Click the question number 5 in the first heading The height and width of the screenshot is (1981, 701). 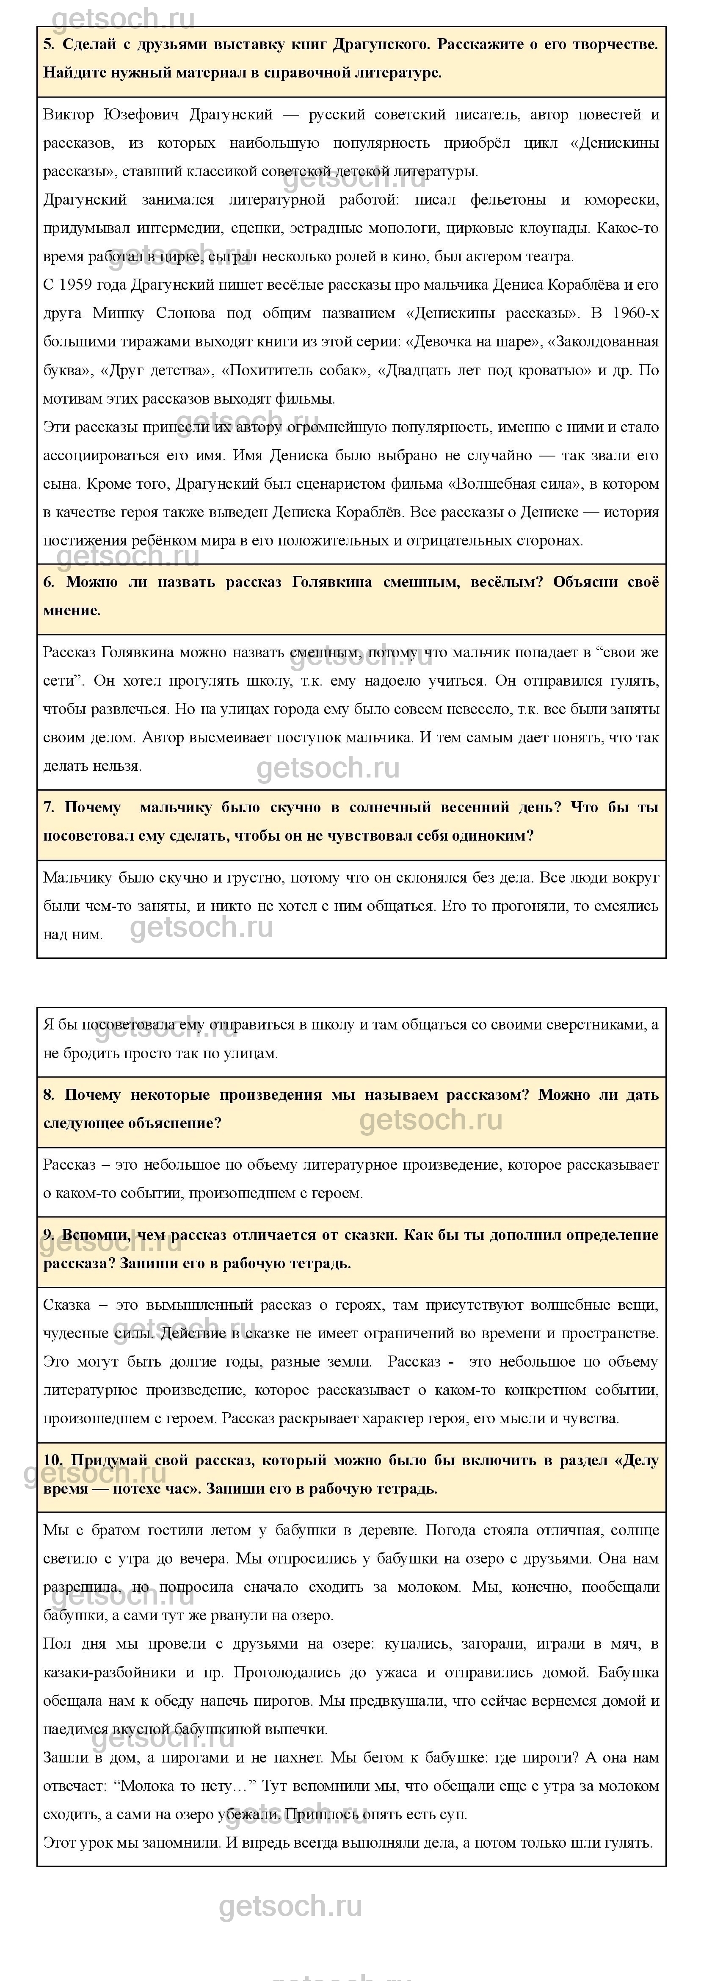point(48,44)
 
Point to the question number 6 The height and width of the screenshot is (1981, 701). point(48,582)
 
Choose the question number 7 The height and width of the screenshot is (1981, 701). point(48,808)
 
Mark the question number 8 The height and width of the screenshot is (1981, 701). point(48,1095)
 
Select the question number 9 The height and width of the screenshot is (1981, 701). point(48,1235)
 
